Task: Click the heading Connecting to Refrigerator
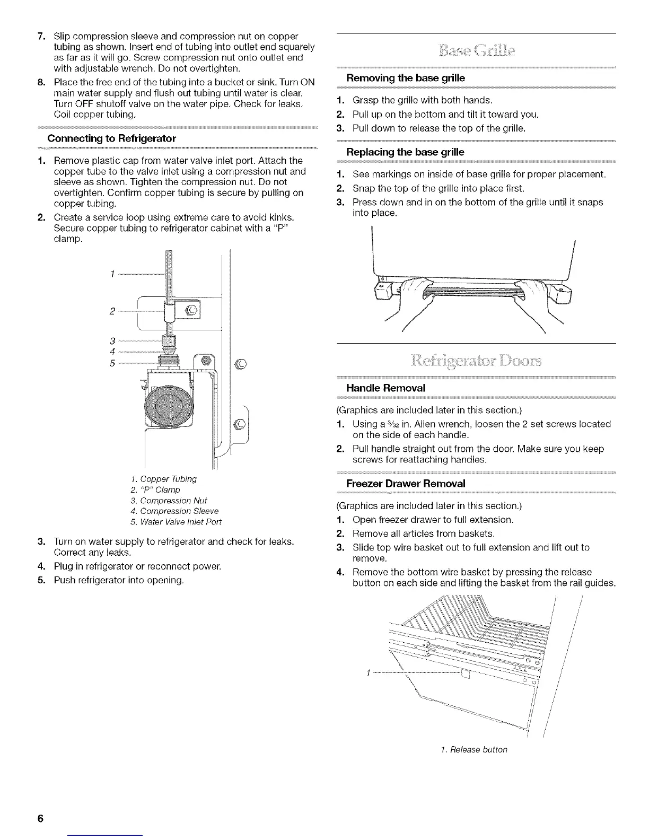point(111,138)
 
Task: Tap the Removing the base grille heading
point(405,78)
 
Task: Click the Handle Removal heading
point(385,388)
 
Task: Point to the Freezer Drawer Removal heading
point(406,483)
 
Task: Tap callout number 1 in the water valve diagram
point(112,274)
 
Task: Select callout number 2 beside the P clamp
point(112,311)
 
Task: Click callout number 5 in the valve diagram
point(112,363)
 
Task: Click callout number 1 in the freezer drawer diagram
point(367,674)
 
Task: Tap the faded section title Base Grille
point(476,53)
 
